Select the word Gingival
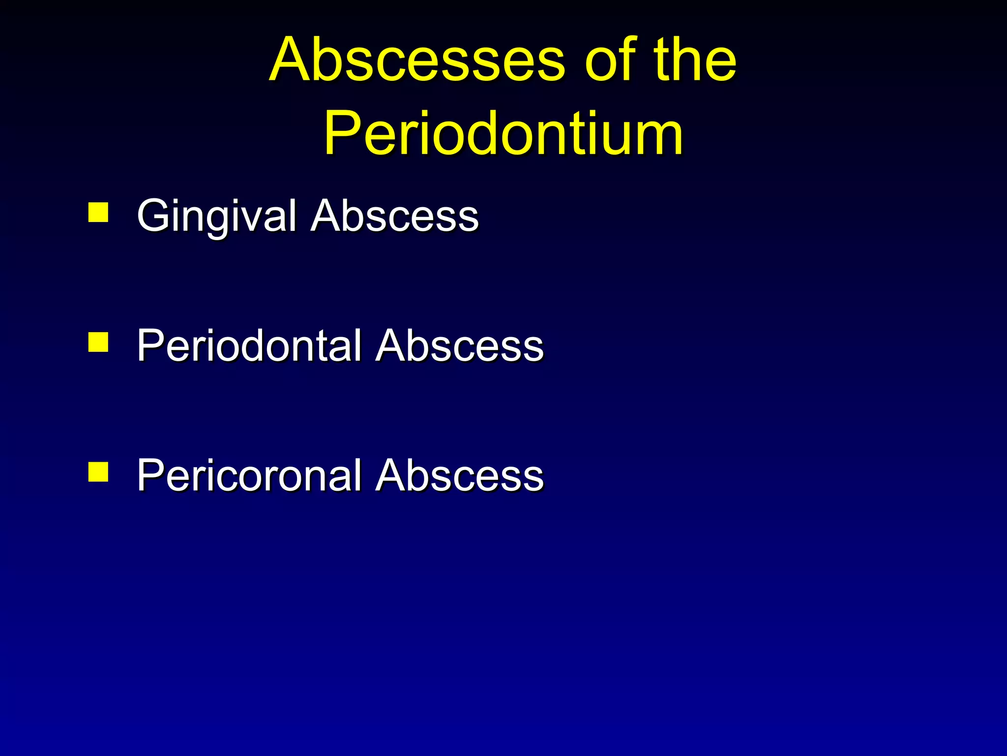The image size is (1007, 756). click(217, 217)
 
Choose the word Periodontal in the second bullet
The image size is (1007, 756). click(249, 346)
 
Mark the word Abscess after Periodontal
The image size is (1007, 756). click(459, 346)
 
